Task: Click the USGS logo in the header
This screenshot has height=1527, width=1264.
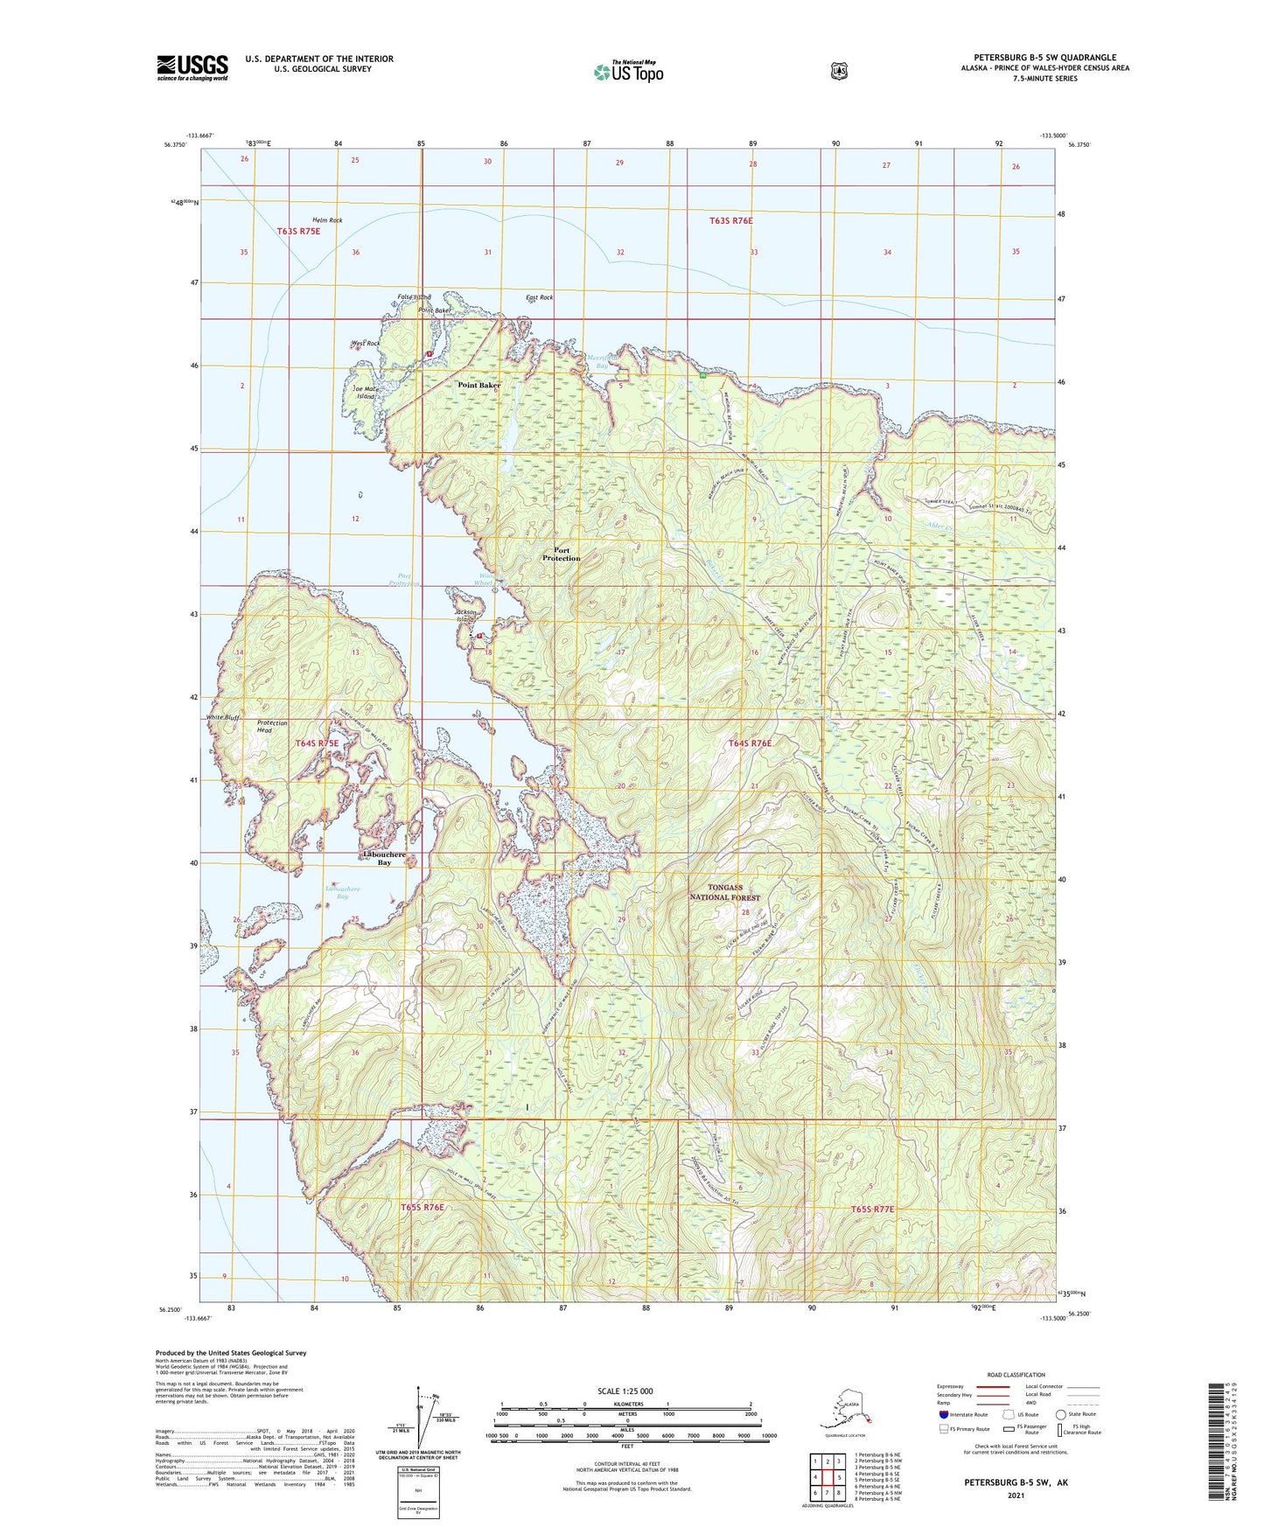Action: click(x=192, y=66)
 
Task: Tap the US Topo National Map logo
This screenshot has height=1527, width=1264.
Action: click(x=627, y=72)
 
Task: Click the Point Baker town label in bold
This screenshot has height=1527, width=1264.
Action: click(x=478, y=385)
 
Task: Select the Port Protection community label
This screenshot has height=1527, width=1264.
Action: click(x=561, y=554)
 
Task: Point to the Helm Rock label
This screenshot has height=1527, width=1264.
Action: click(x=327, y=220)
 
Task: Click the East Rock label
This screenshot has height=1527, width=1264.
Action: click(x=539, y=297)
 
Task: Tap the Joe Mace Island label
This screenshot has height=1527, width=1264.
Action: click(x=365, y=393)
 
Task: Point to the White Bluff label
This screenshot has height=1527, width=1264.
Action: click(x=222, y=717)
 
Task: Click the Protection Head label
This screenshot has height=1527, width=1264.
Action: click(x=272, y=727)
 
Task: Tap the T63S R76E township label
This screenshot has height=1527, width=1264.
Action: click(x=730, y=221)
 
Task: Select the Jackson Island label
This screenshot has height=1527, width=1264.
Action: click(x=464, y=615)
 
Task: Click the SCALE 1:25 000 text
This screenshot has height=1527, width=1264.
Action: click(x=625, y=1391)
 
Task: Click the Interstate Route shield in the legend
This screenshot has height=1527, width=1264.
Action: click(x=943, y=1414)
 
